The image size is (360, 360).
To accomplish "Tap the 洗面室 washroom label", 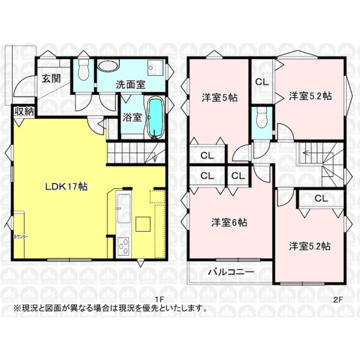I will [x=130, y=85].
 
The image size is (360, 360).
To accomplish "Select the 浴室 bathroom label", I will [x=132, y=117].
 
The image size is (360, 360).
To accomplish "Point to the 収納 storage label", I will [x=24, y=111].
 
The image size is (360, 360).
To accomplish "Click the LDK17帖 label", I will [x=66, y=187].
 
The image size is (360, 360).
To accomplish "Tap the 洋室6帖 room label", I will [x=228, y=223].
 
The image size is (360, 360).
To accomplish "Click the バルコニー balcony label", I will [x=231, y=271].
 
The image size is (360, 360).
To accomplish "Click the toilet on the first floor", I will [x=84, y=71].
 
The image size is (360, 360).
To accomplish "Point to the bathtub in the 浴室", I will [x=155, y=118].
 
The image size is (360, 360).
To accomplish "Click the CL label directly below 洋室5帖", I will [x=207, y=155].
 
